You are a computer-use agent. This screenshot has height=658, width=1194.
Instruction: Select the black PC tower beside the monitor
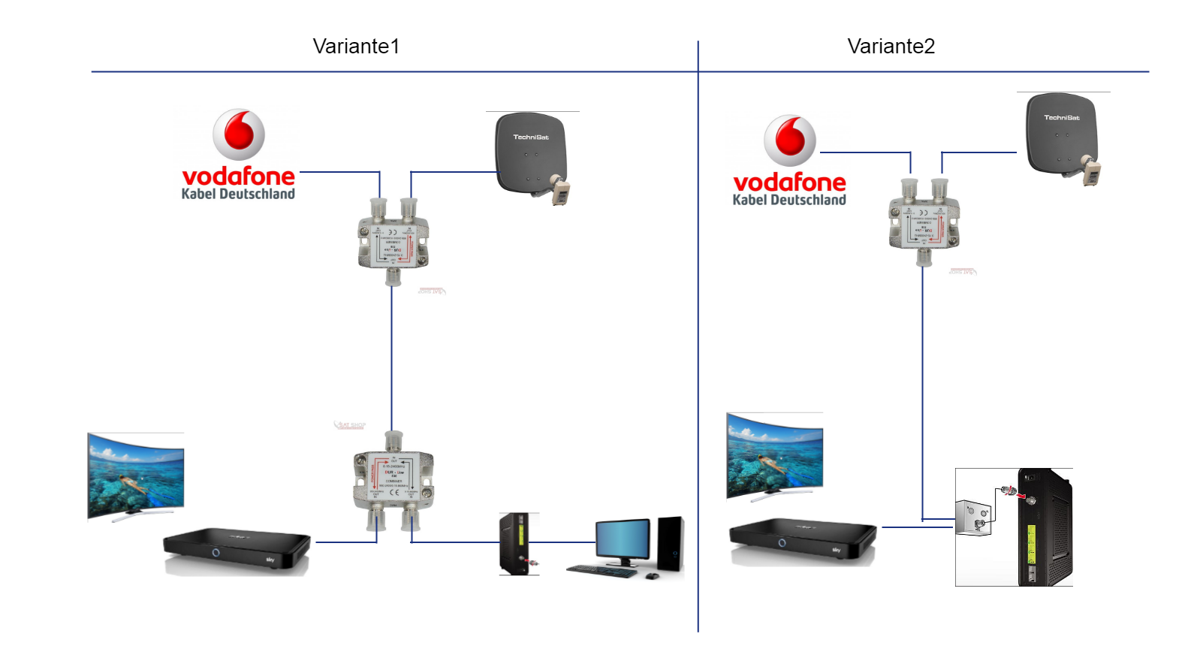pyautogui.click(x=671, y=546)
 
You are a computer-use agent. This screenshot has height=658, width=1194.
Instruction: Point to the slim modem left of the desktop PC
pyautogui.click(x=518, y=544)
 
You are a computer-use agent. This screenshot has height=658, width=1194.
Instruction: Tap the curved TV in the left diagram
pyautogui.click(x=136, y=475)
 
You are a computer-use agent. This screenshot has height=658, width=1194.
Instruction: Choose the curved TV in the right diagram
pyautogui.click(x=774, y=456)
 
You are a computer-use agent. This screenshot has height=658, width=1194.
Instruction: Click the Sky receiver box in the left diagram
pyautogui.click(x=237, y=547)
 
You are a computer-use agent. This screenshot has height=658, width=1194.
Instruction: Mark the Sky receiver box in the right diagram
pyautogui.click(x=802, y=537)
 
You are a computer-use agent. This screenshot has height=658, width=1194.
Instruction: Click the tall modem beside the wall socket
pyautogui.click(x=1043, y=527)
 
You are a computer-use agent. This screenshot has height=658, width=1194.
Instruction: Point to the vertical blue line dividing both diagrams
pyautogui.click(x=698, y=338)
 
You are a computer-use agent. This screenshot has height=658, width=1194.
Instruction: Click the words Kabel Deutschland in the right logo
pyautogui.click(x=789, y=200)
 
